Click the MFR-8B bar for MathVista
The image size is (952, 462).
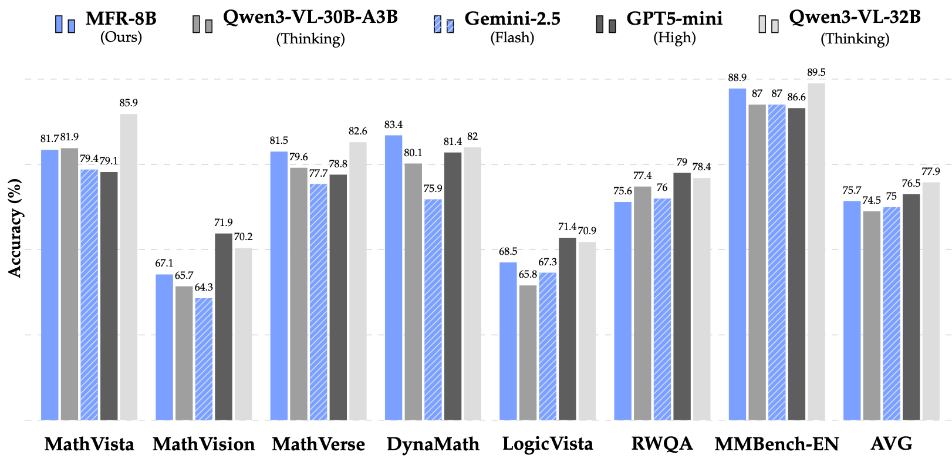(x=50, y=285)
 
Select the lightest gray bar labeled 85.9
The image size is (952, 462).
(x=129, y=267)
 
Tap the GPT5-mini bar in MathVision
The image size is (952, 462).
(x=224, y=326)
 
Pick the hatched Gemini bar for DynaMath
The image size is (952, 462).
(x=433, y=309)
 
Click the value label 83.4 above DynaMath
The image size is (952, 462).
(x=393, y=125)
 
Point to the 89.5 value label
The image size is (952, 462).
(x=816, y=73)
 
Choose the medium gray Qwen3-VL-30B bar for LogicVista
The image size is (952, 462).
(x=528, y=352)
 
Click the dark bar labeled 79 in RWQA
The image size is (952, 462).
(x=682, y=296)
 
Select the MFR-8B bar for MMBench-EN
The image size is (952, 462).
(x=737, y=254)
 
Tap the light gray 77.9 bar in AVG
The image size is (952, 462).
(x=931, y=301)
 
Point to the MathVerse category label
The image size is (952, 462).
(x=318, y=444)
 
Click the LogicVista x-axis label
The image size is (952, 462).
(x=548, y=444)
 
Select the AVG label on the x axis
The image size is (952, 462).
(x=892, y=444)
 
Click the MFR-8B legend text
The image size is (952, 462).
(x=121, y=19)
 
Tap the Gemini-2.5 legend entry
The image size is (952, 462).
(x=512, y=19)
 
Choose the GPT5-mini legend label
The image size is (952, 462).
(x=674, y=19)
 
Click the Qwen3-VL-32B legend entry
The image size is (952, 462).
(x=854, y=18)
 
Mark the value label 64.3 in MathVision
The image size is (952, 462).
(x=204, y=288)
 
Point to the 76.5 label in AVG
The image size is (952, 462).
(x=911, y=184)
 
